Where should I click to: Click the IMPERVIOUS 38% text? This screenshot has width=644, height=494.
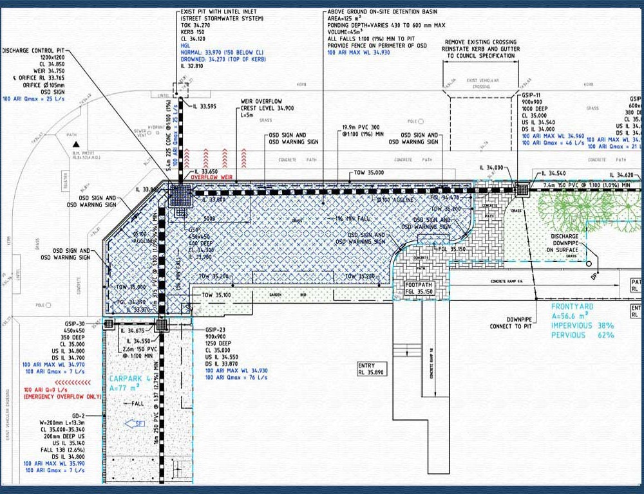point(582,325)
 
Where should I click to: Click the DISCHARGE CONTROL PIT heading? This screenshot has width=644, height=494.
point(35,50)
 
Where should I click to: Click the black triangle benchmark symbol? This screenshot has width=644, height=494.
point(76,144)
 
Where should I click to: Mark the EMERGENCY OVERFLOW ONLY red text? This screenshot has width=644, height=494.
point(62,397)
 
